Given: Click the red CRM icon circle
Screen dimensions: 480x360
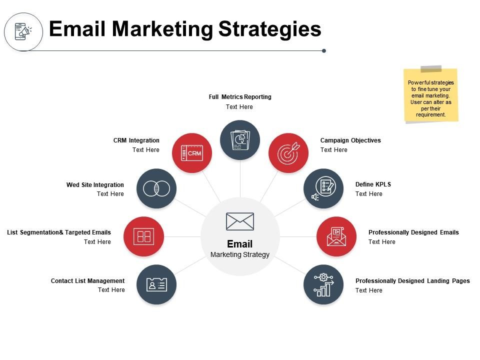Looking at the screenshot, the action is click(x=192, y=153).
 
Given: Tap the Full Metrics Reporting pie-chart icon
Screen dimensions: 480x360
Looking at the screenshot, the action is click(x=240, y=140).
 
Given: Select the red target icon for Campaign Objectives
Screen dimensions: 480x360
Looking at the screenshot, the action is click(x=288, y=153).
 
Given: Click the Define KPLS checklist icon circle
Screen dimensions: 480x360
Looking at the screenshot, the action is click(x=323, y=188).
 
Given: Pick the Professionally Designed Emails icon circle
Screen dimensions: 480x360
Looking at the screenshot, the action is click(x=336, y=236).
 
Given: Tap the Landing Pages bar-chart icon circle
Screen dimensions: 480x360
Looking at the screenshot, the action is click(x=323, y=284).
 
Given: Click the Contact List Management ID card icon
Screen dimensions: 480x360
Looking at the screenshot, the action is click(x=156, y=284).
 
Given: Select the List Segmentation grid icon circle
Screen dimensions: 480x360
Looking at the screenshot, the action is click(x=143, y=236).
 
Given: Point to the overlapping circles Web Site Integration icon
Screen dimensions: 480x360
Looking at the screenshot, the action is click(x=156, y=188).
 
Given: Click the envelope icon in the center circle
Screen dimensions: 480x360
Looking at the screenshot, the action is click(x=240, y=221).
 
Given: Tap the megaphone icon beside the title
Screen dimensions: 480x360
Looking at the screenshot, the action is click(x=23, y=31).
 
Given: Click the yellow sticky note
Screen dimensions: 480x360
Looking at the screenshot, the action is click(x=430, y=95).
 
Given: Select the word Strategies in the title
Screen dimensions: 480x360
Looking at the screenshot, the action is click(x=269, y=29).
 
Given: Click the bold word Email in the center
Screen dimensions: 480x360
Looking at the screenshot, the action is click(x=239, y=244).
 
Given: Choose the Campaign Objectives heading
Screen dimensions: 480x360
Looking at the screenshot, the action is click(x=350, y=140).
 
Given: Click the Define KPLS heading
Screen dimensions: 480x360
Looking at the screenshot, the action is click(x=373, y=184).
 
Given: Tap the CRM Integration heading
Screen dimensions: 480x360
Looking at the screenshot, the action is click(x=136, y=140).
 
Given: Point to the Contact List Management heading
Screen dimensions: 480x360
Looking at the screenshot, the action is click(x=87, y=280).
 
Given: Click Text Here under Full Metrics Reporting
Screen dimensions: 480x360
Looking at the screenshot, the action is click(x=239, y=107).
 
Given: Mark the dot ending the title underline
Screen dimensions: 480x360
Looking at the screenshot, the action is click(x=324, y=51).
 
